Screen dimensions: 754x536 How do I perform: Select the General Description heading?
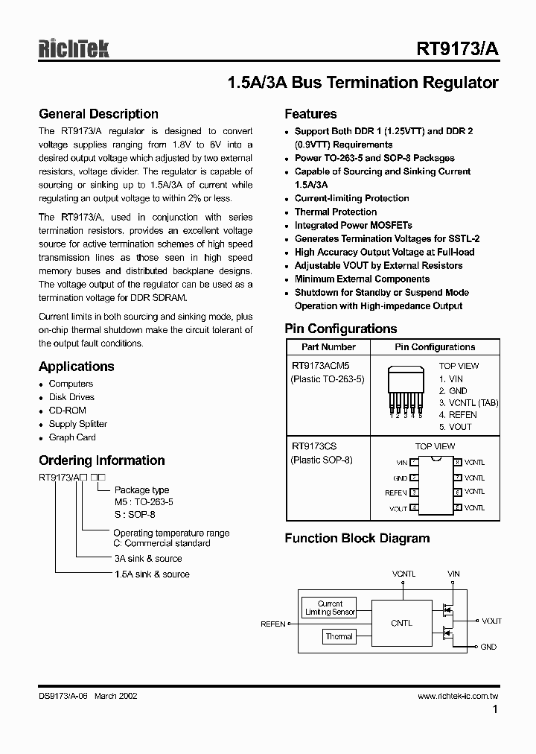(x=98, y=114)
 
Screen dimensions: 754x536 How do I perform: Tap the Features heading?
(x=310, y=114)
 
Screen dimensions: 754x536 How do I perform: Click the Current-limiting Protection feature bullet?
(x=351, y=198)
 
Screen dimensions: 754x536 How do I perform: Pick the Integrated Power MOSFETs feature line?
(x=353, y=225)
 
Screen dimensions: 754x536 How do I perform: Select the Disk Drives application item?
(x=71, y=397)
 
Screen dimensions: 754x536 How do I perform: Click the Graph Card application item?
(x=72, y=437)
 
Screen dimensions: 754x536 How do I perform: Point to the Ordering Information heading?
(x=101, y=460)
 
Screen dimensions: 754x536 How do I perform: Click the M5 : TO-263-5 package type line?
(x=143, y=502)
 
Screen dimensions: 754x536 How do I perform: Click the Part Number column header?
(x=328, y=347)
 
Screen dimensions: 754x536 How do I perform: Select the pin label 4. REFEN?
(x=458, y=415)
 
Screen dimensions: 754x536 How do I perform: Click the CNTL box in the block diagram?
(x=401, y=623)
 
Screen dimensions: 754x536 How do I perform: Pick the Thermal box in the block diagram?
(x=339, y=636)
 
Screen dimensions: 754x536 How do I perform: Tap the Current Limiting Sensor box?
(x=330, y=608)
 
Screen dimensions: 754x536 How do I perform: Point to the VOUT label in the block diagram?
(x=491, y=621)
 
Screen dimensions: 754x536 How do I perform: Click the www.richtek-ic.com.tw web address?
(x=457, y=696)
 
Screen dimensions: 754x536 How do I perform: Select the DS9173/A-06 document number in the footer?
(x=63, y=696)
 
